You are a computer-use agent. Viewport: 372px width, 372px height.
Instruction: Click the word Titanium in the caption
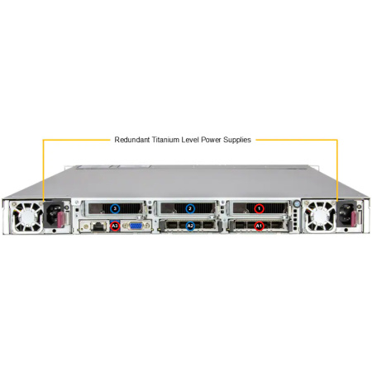(x=165, y=140)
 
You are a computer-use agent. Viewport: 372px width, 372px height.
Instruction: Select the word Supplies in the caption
(x=237, y=140)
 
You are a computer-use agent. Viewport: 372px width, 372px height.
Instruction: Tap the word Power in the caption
(x=211, y=140)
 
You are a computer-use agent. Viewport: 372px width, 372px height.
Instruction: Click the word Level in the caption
(x=190, y=140)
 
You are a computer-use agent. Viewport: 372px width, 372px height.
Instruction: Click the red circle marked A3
(x=115, y=227)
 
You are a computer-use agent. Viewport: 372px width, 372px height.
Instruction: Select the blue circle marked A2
(x=190, y=227)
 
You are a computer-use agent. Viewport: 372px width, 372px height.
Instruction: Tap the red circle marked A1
(x=259, y=227)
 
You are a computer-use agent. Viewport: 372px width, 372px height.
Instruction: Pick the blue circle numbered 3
(x=115, y=208)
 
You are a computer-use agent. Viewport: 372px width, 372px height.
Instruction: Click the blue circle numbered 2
(x=190, y=208)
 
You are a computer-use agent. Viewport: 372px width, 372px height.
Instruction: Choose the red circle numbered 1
(x=259, y=208)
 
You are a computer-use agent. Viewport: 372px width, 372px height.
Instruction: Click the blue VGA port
(x=136, y=226)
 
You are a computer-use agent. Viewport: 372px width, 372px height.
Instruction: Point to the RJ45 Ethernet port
(x=97, y=227)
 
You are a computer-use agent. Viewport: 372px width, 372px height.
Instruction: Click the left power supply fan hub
(x=28, y=216)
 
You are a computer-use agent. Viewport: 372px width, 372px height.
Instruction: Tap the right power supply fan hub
(x=319, y=216)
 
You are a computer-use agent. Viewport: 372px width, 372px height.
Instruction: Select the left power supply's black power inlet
(x=52, y=214)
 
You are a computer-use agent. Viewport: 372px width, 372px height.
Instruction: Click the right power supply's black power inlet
(x=346, y=213)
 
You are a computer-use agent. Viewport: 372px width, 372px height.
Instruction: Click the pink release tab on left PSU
(x=62, y=218)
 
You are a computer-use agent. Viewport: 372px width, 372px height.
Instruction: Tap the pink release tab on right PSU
(x=355, y=217)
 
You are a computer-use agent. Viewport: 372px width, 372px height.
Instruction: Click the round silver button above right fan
(x=297, y=204)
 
